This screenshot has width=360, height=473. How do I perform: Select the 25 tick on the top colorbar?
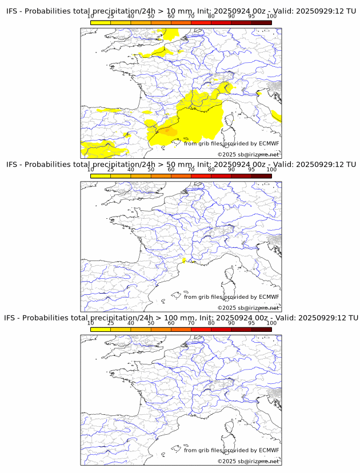111,17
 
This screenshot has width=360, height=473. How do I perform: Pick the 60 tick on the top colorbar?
171,17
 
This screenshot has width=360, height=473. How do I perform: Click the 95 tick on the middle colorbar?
251,170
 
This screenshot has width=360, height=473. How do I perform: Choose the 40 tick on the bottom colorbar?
131,323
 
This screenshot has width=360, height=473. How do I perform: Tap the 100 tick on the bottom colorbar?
271,323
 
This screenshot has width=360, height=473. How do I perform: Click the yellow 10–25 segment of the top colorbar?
101,23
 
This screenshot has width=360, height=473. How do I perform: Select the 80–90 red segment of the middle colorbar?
221,176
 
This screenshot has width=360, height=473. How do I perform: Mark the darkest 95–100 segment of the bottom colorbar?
261,329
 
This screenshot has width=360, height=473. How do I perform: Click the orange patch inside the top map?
168,131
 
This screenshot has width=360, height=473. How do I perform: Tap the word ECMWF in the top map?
269,143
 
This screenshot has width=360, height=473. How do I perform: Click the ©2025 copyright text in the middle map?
225,308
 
